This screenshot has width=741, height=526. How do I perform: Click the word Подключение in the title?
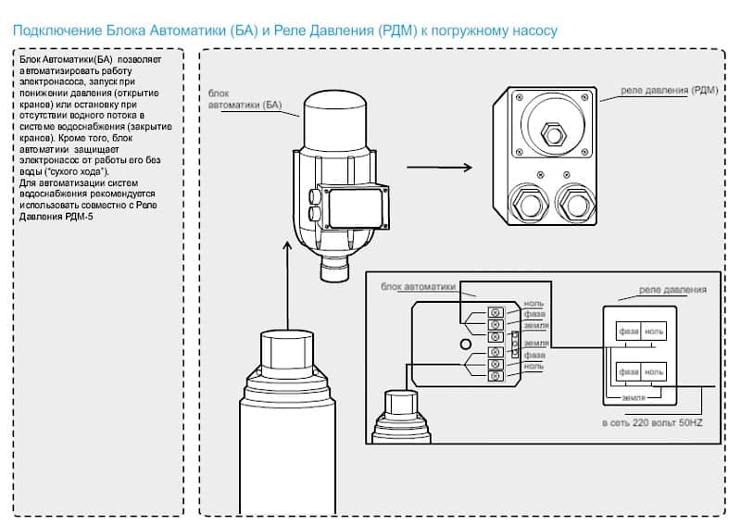(x=49, y=31)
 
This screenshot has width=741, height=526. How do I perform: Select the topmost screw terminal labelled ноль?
(x=495, y=307)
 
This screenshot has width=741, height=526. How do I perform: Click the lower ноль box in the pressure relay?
(x=654, y=371)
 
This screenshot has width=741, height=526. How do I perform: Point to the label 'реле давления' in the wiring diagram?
(x=673, y=289)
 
